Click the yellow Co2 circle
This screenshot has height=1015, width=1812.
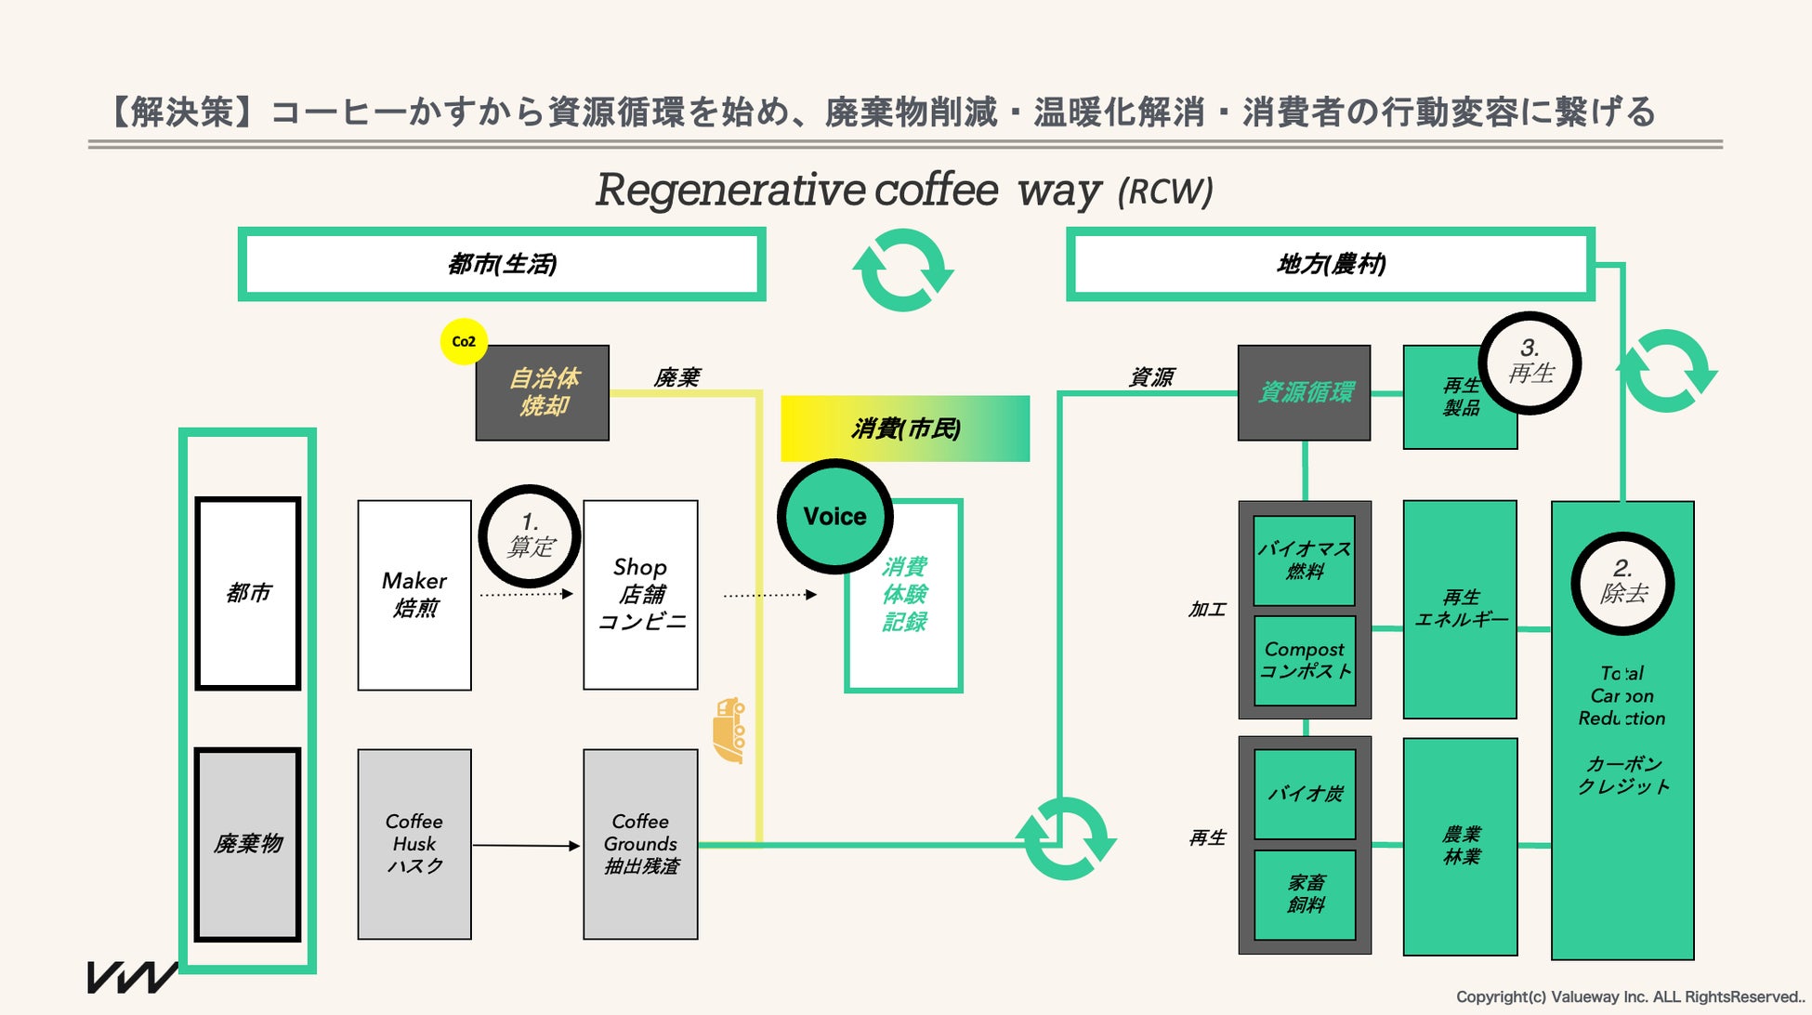tap(464, 341)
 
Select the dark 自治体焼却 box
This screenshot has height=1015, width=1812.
tap(543, 393)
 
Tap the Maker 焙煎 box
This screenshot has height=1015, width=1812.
tap(414, 595)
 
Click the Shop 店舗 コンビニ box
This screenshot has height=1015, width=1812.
tap(640, 595)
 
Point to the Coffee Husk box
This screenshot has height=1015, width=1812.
tap(414, 844)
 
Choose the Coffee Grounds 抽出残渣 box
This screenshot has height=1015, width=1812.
tap(640, 844)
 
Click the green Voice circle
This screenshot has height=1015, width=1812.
tap(834, 516)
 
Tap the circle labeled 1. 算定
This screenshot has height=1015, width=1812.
tap(530, 536)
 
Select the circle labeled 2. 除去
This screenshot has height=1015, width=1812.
tap(1622, 584)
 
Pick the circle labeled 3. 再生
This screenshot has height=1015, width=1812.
tap(1530, 363)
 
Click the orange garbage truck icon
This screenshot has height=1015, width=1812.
tap(729, 731)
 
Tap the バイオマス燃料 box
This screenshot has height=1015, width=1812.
tap(1305, 560)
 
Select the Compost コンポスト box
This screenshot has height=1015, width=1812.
tap(1305, 660)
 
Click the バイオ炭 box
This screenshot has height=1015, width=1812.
tap(1305, 794)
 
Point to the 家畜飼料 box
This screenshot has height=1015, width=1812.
tap(1305, 894)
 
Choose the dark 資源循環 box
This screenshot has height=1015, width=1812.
tap(1305, 393)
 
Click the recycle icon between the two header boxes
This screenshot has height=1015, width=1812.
tap(903, 270)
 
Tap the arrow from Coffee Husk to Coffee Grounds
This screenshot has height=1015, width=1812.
tap(527, 846)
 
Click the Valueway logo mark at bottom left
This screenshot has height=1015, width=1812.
tap(132, 977)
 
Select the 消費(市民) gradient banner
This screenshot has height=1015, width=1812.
tap(905, 428)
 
